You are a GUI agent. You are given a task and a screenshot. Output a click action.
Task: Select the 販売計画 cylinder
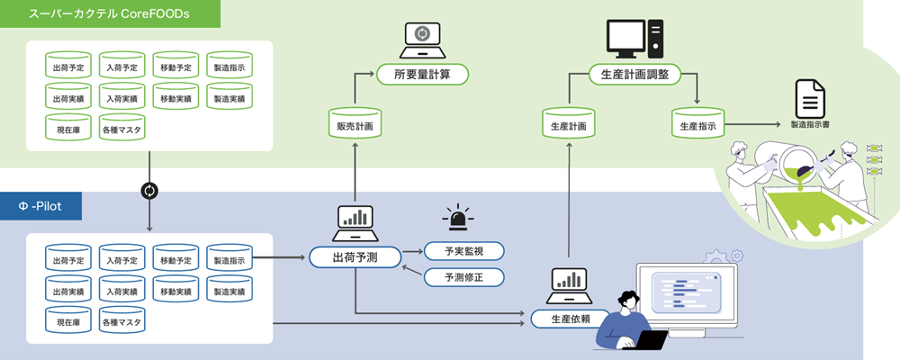355,125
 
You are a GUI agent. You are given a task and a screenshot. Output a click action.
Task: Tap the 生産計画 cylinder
569,125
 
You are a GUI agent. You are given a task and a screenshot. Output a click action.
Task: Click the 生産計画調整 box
634,74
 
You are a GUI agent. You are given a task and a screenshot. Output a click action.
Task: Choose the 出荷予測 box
355,257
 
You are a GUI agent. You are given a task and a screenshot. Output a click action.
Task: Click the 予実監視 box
463,250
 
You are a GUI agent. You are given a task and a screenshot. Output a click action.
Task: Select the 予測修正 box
463,277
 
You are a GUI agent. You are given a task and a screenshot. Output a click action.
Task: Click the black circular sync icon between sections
149,191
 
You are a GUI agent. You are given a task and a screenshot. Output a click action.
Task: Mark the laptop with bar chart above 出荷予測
355,221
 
